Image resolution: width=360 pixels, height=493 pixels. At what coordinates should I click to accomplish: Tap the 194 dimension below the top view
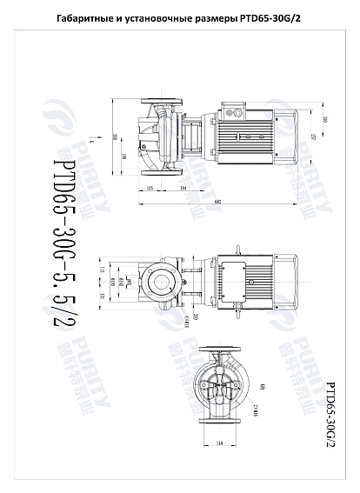point(183,189)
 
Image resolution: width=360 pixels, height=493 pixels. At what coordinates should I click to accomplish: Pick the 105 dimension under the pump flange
point(150,189)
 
